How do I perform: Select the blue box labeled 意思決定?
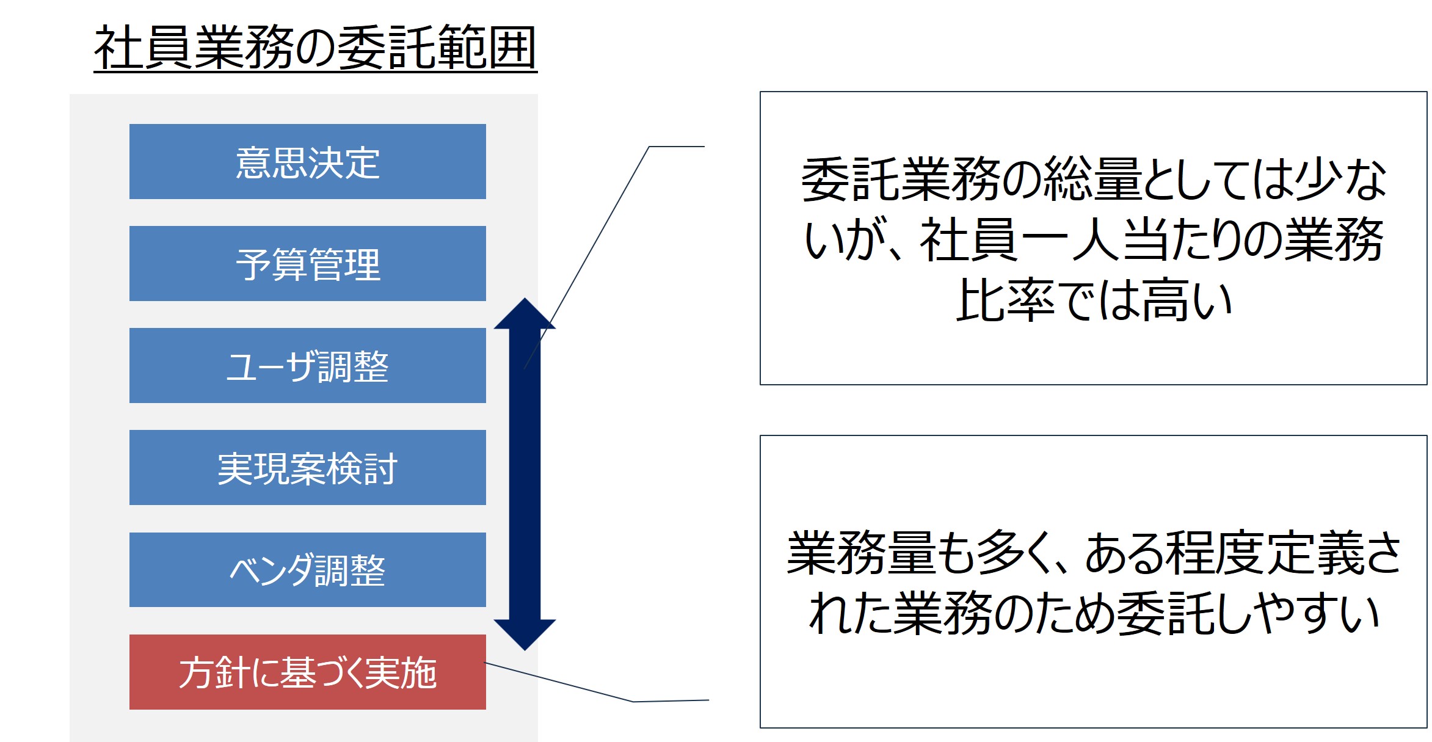click(308, 162)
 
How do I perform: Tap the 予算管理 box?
click(308, 264)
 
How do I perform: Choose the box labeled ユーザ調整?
click(308, 366)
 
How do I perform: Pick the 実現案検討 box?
click(308, 468)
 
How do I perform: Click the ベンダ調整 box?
click(308, 570)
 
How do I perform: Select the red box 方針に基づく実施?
click(308, 672)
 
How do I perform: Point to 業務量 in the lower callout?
click(861, 553)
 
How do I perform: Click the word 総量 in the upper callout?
click(1093, 179)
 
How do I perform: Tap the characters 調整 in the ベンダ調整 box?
click(350, 570)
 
